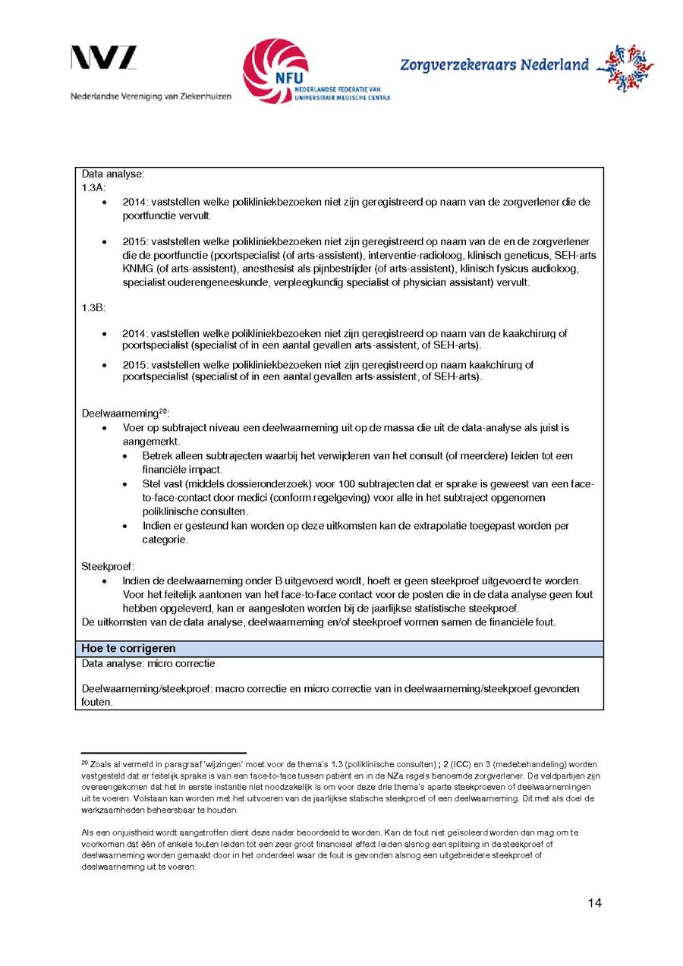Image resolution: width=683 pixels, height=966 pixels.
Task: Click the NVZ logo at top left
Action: tap(104, 59)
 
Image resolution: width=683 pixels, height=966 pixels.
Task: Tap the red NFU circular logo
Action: tap(275, 71)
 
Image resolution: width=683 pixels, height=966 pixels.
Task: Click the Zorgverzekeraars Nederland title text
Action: tap(494, 65)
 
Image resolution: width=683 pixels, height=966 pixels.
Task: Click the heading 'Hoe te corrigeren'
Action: tap(128, 649)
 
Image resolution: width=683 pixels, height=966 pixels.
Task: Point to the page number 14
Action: tap(594, 902)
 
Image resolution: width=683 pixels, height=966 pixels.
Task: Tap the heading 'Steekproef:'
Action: tap(108, 566)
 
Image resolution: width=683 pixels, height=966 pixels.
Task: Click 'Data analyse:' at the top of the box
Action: tap(113, 174)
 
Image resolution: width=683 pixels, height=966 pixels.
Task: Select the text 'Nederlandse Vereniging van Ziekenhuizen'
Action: tap(151, 97)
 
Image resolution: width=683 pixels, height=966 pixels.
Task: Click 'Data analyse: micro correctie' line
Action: tap(148, 664)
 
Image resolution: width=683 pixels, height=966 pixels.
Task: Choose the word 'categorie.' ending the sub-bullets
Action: tap(165, 540)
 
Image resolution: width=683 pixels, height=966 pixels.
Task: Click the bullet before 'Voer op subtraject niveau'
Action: tap(105, 428)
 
